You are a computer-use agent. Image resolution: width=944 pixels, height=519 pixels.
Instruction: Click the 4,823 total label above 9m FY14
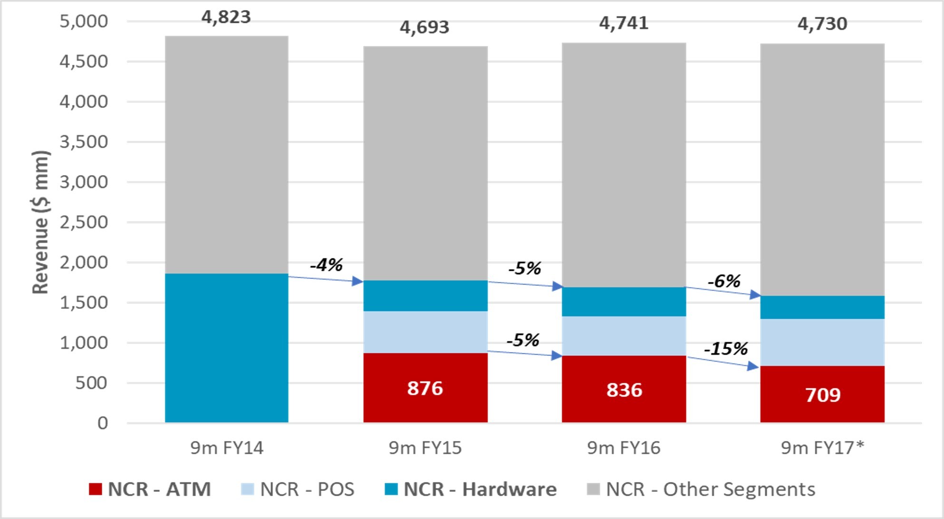click(226, 17)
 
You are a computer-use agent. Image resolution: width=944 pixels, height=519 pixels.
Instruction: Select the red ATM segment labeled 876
click(425, 388)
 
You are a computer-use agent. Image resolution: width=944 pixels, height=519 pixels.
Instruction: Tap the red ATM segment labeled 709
click(822, 394)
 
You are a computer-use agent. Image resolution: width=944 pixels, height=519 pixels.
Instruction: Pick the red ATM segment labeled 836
click(624, 389)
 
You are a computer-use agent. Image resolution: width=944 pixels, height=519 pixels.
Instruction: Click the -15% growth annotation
click(726, 349)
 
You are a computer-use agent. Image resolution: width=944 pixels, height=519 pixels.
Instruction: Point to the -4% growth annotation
click(326, 264)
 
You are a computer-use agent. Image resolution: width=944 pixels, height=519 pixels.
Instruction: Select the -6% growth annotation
click(724, 281)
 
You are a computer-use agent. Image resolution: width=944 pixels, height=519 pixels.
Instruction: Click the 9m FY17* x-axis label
click(822, 448)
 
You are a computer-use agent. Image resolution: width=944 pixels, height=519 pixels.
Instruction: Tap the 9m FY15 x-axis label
click(425, 448)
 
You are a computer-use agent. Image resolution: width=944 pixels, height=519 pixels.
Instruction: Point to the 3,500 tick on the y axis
click(84, 142)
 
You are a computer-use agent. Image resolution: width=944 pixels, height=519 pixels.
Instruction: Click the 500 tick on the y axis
click(92, 383)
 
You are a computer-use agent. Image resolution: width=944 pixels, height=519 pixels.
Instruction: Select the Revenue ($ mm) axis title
click(40, 222)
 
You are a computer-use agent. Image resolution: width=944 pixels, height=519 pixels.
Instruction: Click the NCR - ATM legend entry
click(150, 489)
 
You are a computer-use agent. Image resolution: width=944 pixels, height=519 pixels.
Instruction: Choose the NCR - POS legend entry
click(298, 489)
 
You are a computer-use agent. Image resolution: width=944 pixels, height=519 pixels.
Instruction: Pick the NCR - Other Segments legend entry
click(701, 489)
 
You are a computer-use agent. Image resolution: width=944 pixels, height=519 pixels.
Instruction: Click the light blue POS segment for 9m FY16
click(624, 336)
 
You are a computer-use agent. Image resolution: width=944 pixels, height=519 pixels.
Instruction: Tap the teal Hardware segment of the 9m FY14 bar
click(227, 348)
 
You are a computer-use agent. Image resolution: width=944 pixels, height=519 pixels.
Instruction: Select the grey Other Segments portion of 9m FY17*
click(822, 170)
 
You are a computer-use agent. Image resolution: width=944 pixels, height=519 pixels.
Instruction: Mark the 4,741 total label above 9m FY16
click(624, 23)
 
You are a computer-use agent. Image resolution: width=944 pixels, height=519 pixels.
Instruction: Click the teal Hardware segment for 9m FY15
click(425, 296)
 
